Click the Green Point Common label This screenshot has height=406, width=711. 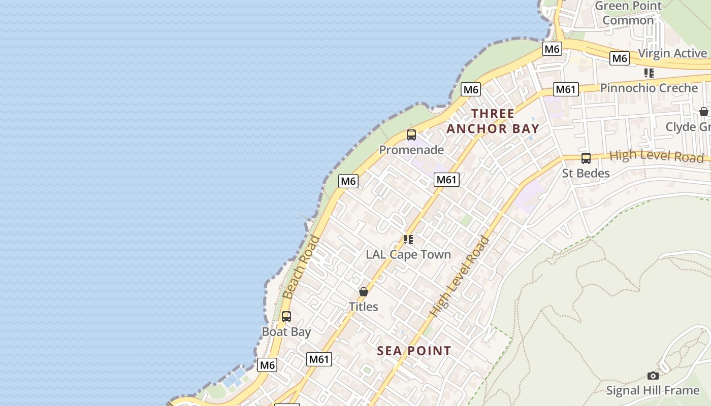(628, 13)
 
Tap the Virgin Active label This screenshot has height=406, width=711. (672, 53)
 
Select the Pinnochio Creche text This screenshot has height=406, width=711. (649, 88)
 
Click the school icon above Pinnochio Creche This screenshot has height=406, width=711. (649, 73)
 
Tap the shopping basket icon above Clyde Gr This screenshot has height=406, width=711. (704, 112)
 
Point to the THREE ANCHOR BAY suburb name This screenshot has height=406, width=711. (492, 121)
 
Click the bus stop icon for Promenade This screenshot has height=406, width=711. (411, 135)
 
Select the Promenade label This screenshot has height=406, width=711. (411, 150)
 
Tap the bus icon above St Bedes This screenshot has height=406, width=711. (586, 158)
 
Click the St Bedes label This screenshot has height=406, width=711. (586, 173)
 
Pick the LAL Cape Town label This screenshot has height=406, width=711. (408, 254)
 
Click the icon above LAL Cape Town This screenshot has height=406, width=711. (408, 240)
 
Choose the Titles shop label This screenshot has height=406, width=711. (364, 307)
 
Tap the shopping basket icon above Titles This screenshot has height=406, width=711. (364, 292)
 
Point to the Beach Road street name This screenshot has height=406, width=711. (302, 267)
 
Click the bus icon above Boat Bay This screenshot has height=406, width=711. (286, 317)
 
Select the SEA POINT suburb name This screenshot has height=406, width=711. (414, 351)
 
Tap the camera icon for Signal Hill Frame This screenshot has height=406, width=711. (653, 376)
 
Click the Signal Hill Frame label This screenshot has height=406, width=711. (653, 390)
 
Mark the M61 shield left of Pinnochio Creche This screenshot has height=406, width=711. (566, 90)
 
